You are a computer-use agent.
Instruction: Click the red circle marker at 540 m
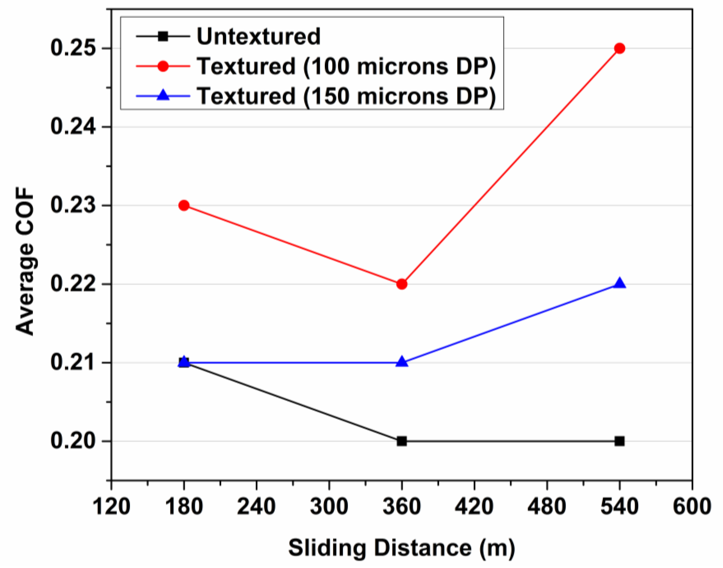tap(619, 48)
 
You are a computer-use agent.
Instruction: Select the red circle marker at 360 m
tap(402, 284)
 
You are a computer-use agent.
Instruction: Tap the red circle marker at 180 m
tap(184, 205)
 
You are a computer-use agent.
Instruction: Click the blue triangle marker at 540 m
tap(619, 284)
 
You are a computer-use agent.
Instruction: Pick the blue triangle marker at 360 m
tap(402, 362)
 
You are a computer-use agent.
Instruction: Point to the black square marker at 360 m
tap(402, 441)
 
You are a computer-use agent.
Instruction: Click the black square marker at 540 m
tap(619, 441)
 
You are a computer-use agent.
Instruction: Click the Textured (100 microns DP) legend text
tap(346, 66)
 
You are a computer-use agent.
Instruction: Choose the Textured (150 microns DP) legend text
tap(346, 96)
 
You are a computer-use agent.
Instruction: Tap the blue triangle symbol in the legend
tap(163, 96)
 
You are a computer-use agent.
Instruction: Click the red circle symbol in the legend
tap(163, 66)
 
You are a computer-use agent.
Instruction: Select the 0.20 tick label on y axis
tap(72, 441)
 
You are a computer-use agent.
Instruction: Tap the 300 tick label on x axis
tap(329, 507)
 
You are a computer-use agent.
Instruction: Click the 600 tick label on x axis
tap(692, 507)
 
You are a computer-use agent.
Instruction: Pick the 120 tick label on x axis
tap(111, 507)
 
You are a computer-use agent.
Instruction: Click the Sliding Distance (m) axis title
tap(401, 548)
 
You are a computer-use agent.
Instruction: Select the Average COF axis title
tap(25, 261)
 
